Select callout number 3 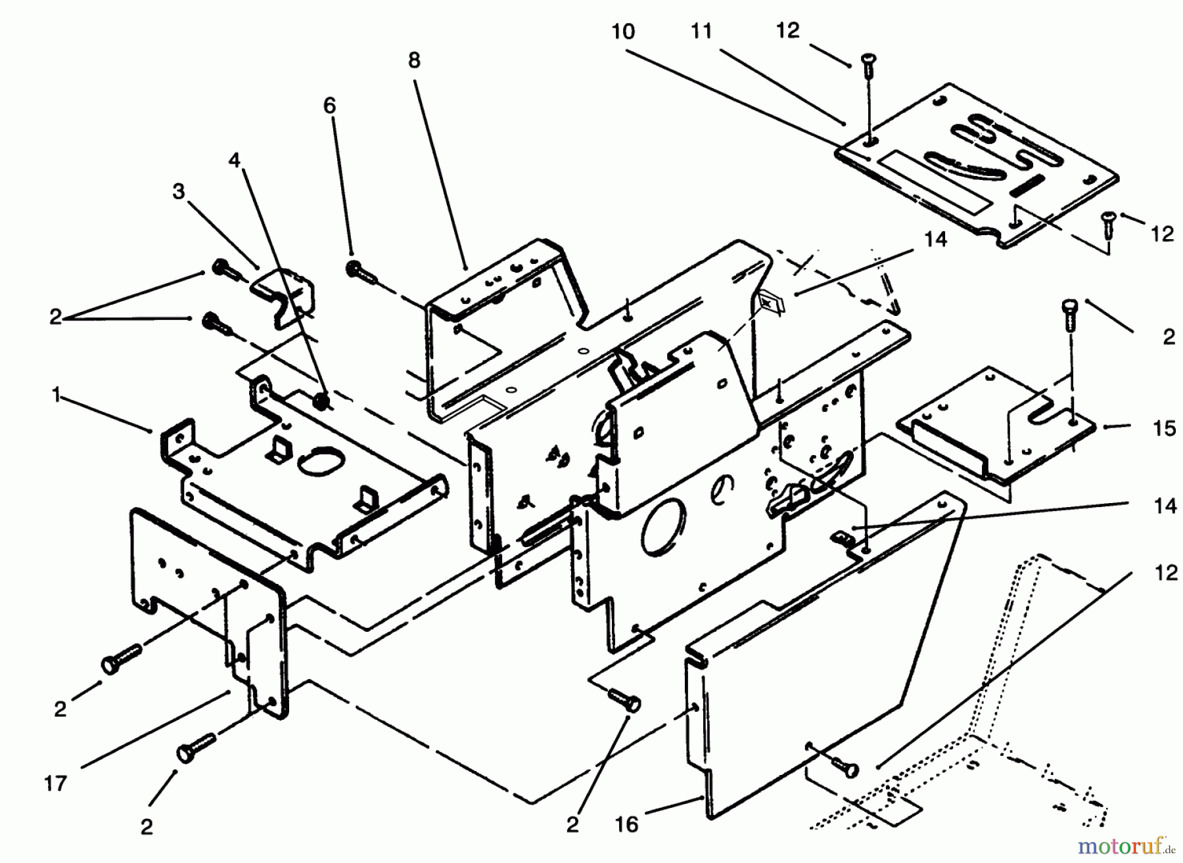click(x=178, y=192)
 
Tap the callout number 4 click(x=235, y=160)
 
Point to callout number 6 click(x=329, y=106)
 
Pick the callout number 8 click(x=413, y=60)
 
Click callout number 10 click(x=623, y=32)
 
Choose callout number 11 click(x=701, y=32)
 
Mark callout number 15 click(x=1164, y=429)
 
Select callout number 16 click(x=627, y=824)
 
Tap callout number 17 click(x=56, y=783)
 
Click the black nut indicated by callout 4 click(x=321, y=400)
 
